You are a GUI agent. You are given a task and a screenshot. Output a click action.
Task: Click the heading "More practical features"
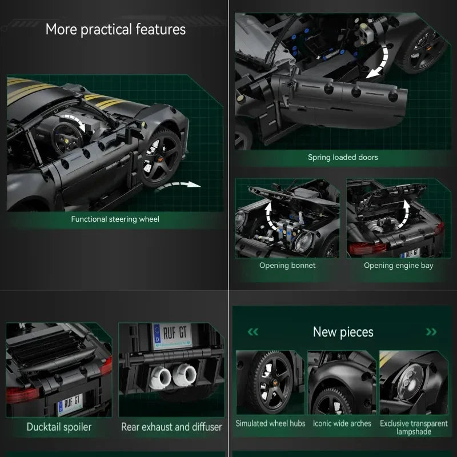click(x=115, y=29)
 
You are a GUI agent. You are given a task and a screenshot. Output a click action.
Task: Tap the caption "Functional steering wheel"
click(x=115, y=219)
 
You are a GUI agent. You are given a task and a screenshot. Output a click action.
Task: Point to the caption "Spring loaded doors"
click(x=343, y=157)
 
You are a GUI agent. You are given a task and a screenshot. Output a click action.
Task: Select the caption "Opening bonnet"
click(x=287, y=265)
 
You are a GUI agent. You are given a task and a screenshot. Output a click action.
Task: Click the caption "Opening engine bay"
click(x=399, y=265)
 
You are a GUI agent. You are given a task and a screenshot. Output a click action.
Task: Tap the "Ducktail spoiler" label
click(x=59, y=427)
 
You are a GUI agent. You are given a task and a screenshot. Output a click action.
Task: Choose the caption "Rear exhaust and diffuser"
click(x=171, y=427)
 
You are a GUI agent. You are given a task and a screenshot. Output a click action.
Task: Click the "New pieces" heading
click(x=343, y=332)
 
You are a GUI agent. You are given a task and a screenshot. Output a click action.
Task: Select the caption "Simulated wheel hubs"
click(x=271, y=423)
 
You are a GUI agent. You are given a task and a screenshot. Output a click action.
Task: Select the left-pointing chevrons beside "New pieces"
click(x=253, y=332)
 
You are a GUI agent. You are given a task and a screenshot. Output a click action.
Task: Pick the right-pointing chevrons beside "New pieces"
click(x=431, y=332)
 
